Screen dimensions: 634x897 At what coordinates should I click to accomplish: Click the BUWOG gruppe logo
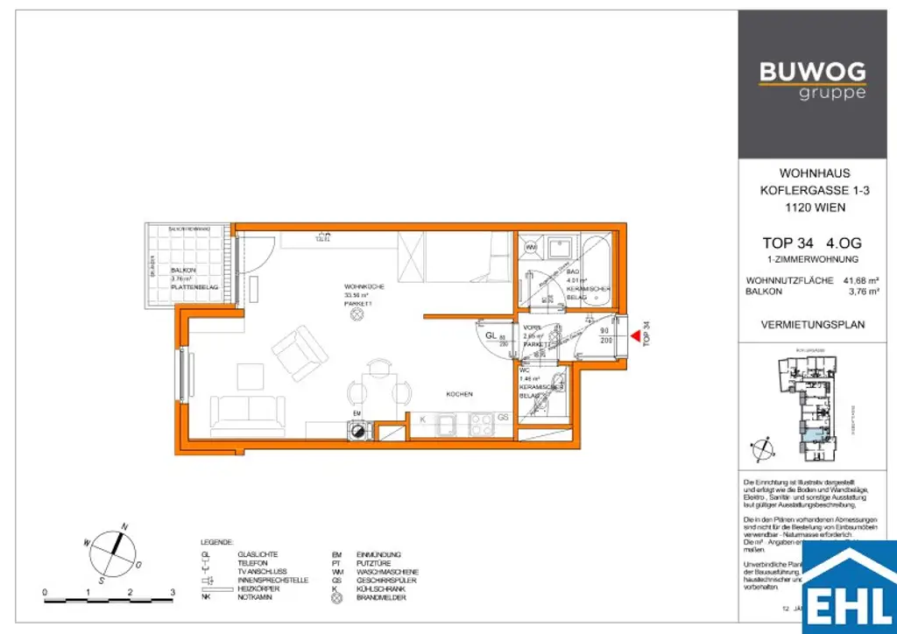pyautogui.click(x=812, y=80)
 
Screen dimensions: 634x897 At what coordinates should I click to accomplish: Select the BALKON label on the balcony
pyautogui.click(x=183, y=271)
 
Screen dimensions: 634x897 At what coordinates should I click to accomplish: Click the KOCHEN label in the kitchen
pyautogui.click(x=459, y=395)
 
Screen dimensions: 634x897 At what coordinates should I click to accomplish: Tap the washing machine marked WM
pyautogui.click(x=531, y=248)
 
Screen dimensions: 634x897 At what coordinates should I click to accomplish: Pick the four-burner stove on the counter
pyautogui.click(x=481, y=425)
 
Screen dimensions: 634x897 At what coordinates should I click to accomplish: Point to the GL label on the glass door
pyautogui.click(x=491, y=335)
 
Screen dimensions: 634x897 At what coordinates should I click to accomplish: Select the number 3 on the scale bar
pyautogui.click(x=173, y=593)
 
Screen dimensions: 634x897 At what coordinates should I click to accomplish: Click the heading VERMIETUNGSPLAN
pyautogui.click(x=814, y=324)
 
